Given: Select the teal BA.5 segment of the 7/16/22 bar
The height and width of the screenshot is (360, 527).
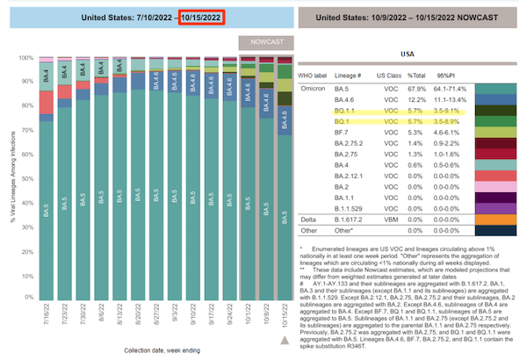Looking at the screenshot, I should pos(47,211).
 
